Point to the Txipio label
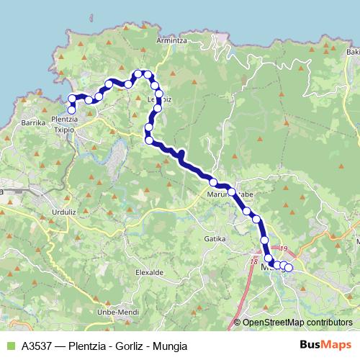click(x=63, y=128)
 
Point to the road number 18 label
click(x=253, y=262)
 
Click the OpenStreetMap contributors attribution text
click(x=297, y=322)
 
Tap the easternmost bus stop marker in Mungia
click(x=289, y=269)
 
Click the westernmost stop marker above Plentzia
click(x=71, y=99)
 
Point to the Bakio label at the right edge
click(x=352, y=52)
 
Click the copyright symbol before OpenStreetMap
click(x=238, y=322)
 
